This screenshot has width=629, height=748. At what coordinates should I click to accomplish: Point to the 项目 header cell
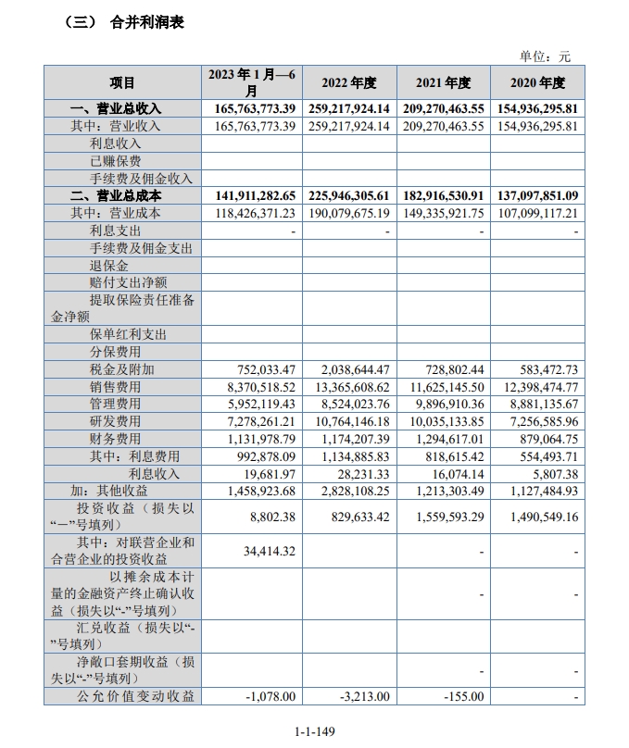(x=122, y=82)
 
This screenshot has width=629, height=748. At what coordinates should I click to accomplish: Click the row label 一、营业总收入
(x=117, y=109)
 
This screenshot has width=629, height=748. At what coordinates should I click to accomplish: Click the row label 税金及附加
(x=116, y=369)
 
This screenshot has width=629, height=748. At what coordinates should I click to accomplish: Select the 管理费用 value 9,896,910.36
(x=444, y=405)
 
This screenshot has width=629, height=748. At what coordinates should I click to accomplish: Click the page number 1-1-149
(x=314, y=731)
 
